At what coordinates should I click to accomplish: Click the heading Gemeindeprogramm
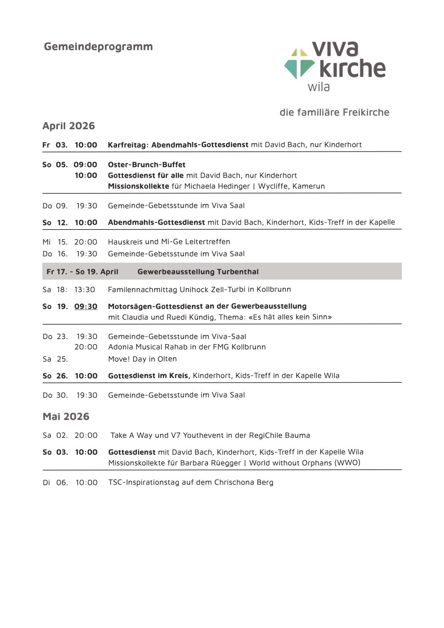(98, 47)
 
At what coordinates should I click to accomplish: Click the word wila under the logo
(319, 87)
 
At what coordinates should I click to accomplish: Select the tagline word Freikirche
(366, 112)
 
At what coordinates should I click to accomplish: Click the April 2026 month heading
(69, 126)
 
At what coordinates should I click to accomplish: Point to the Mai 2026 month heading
(66, 417)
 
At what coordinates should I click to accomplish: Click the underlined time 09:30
(86, 306)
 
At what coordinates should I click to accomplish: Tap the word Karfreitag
(127, 145)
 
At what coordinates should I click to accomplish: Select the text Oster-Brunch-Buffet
(147, 165)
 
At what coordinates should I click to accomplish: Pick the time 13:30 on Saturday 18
(85, 290)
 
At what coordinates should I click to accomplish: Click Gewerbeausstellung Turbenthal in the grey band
(198, 272)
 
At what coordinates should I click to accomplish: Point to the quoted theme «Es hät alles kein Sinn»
(290, 317)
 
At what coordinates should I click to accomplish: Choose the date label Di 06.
(55, 483)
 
